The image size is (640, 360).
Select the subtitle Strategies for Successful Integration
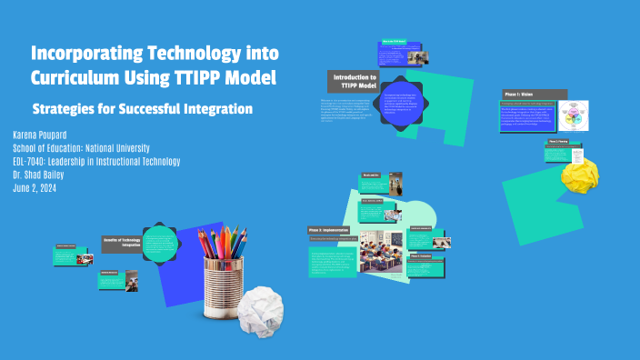[142, 109]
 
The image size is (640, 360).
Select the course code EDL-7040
[35, 161]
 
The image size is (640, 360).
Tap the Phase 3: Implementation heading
[329, 230]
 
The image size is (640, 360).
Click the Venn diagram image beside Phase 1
[575, 117]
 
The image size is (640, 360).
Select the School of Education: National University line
[82, 148]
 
